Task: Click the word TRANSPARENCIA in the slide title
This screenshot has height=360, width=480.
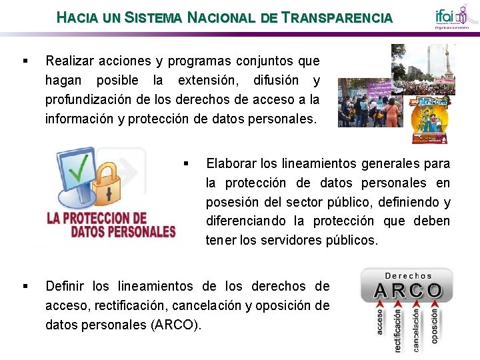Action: [x=337, y=18]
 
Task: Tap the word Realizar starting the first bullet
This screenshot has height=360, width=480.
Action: [x=69, y=61]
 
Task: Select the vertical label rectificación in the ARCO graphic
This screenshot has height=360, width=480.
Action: [x=398, y=329]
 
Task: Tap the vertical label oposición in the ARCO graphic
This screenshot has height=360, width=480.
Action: [x=435, y=326]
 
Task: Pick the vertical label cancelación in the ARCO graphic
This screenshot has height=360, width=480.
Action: [x=417, y=329]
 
